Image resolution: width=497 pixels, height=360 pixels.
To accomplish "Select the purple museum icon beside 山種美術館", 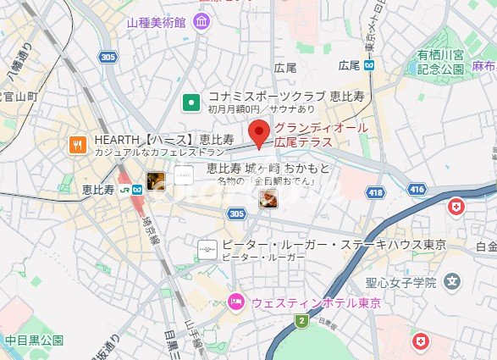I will (x=202, y=20).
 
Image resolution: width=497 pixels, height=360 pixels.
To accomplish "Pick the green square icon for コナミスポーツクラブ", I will (x=192, y=103).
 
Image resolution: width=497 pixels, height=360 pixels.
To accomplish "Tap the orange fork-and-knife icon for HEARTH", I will (x=79, y=145).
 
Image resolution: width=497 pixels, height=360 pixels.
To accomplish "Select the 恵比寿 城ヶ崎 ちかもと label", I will (x=268, y=169).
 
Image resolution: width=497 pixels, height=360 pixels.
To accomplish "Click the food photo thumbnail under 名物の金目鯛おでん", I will (x=268, y=199).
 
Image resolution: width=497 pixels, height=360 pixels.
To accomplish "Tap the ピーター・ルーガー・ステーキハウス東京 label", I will (x=334, y=245).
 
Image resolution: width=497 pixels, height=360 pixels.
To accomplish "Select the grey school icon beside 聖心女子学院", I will (x=454, y=281).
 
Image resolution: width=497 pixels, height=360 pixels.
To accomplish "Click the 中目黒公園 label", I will (x=34, y=341).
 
